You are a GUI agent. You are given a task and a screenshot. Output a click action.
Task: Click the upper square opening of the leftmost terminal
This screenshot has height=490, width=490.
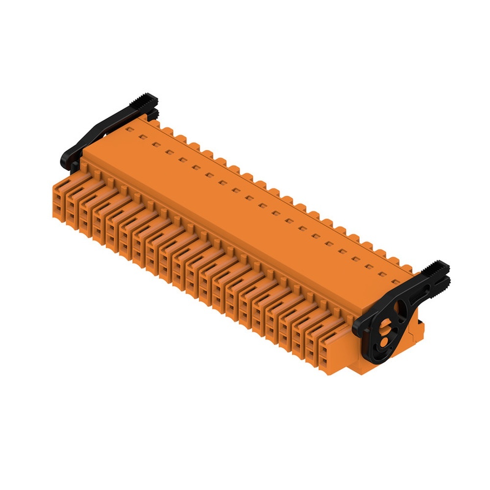click(x=58, y=200)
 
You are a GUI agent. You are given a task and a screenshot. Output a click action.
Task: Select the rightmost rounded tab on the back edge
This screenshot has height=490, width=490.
click(x=407, y=268)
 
